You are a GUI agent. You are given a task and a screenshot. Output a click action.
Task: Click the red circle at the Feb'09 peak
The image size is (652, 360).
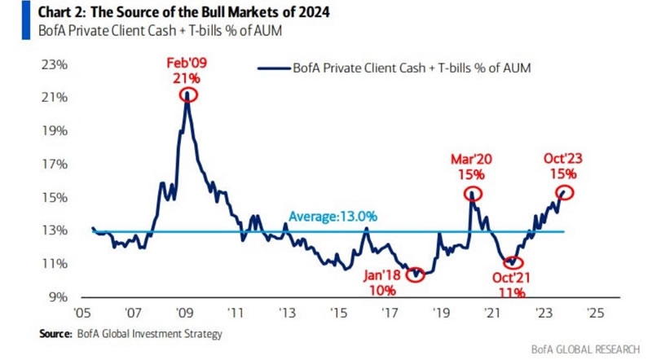pos(188,94)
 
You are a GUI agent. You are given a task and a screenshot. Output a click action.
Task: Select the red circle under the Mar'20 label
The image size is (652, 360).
pos(473,194)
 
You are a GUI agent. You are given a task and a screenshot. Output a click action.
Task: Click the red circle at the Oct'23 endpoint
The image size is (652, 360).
pos(565,192)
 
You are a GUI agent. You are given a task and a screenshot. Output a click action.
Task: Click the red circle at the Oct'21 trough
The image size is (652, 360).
pos(512,262)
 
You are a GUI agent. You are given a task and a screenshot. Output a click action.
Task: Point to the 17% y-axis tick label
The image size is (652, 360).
pos(51,165)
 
